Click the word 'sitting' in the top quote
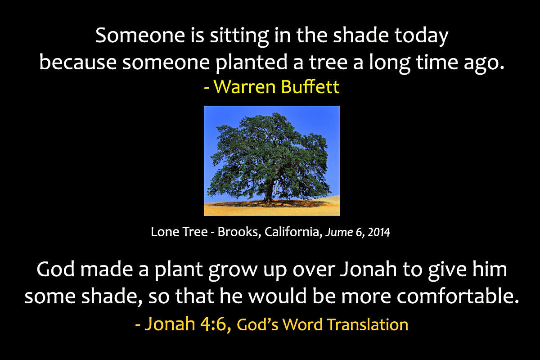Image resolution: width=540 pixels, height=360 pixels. pos(239,36)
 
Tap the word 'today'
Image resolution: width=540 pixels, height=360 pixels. pos(421,36)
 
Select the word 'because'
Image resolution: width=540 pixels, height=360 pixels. pos(78,62)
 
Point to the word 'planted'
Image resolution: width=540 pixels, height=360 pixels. pos(252,63)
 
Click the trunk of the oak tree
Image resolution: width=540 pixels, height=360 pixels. pos(268,192)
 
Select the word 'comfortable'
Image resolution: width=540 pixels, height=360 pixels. pos(458,296)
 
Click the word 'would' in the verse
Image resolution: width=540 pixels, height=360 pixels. pos(278,296)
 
